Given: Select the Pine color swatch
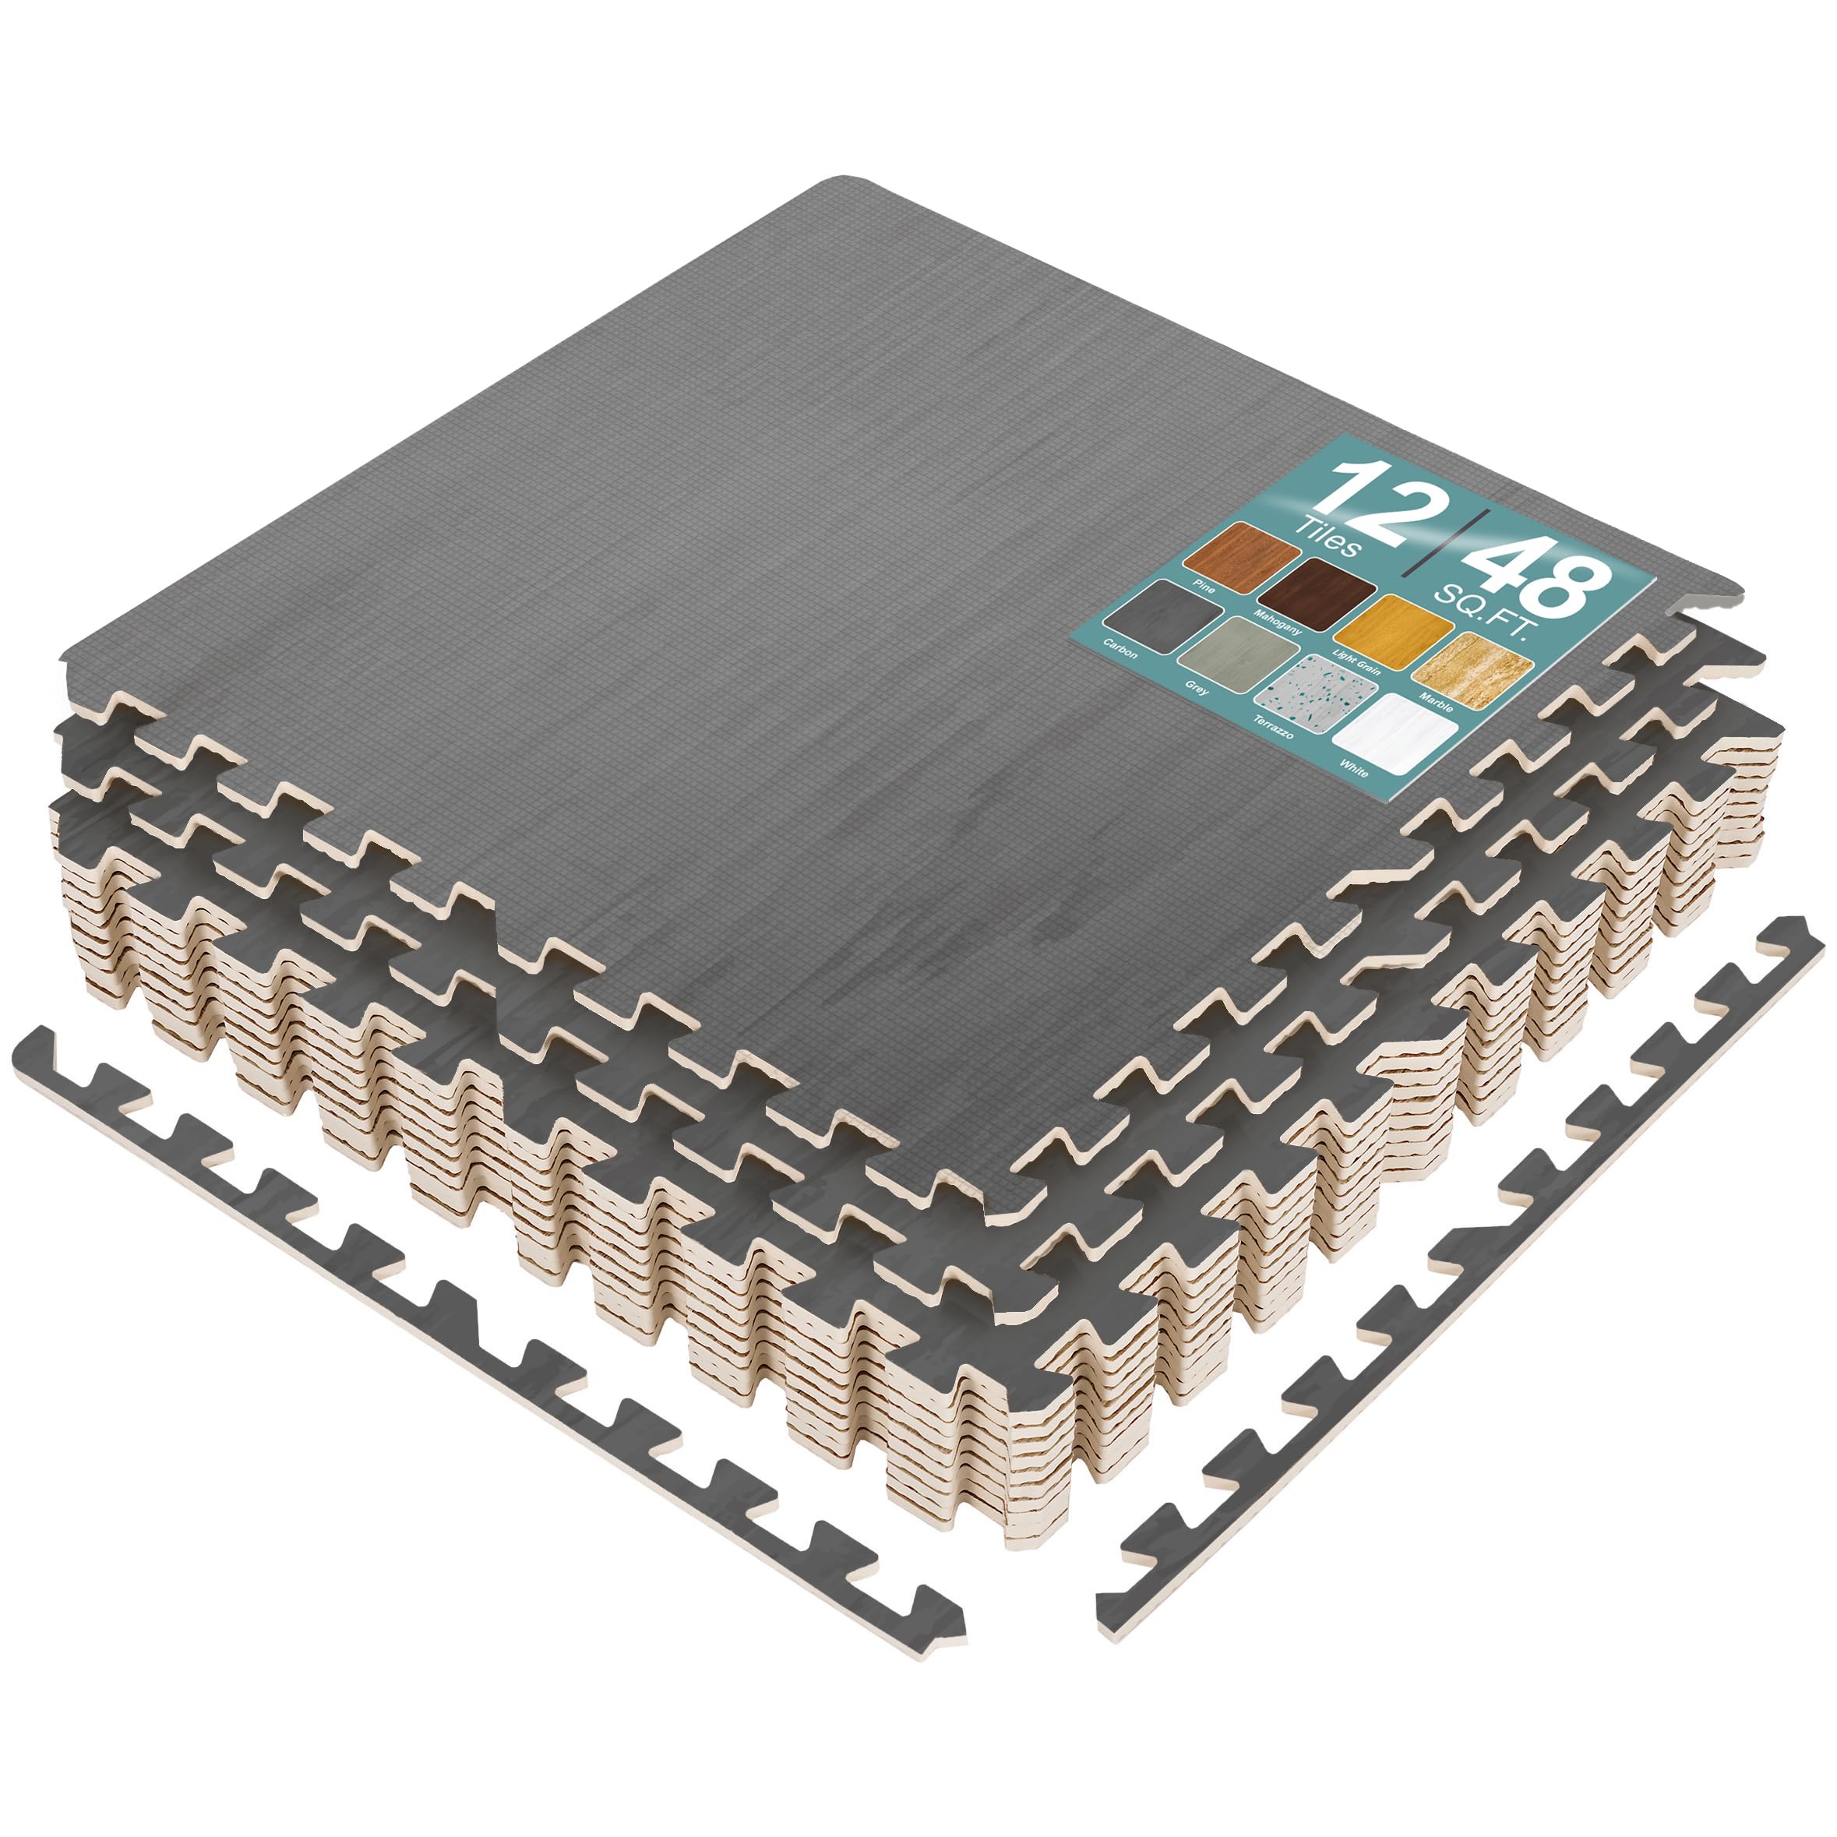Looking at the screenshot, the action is click(x=1243, y=552).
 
